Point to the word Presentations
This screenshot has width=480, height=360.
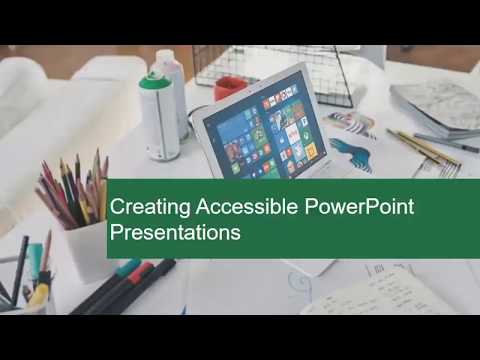pyautogui.click(x=175, y=234)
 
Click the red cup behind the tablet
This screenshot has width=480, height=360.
pyautogui.click(x=230, y=89)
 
